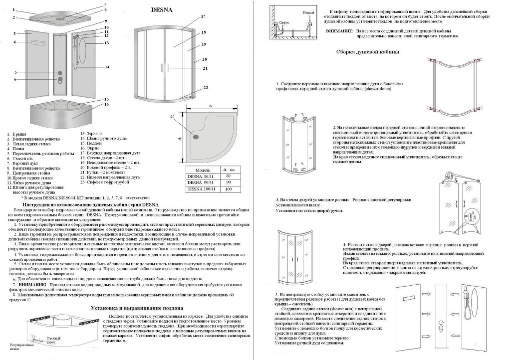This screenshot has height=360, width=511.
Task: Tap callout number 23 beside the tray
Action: (x=173, y=116)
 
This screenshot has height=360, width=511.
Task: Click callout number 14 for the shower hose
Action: (x=107, y=67)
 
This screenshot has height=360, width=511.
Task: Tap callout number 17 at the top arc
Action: (x=203, y=17)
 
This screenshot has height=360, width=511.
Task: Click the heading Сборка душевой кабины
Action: (x=368, y=52)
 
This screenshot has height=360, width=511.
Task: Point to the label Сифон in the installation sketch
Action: (x=284, y=22)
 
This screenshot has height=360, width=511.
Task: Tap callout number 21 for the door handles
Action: (x=205, y=68)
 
